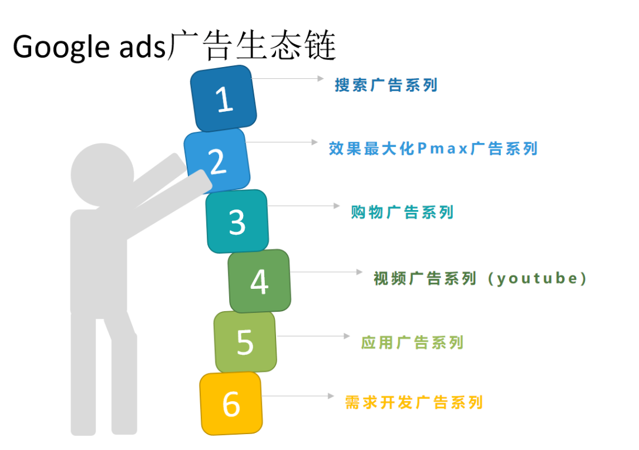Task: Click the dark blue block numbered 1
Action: (x=224, y=99)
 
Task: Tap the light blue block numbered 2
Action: (x=217, y=161)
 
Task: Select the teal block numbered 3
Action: (x=237, y=221)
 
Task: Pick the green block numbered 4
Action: (x=259, y=281)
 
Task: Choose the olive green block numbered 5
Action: (x=244, y=342)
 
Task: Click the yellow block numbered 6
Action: (x=231, y=404)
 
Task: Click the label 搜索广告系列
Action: (x=386, y=85)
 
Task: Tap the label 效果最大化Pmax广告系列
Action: (x=433, y=148)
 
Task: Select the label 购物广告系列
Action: (x=402, y=212)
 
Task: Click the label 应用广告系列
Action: (x=412, y=342)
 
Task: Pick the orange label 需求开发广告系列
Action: (x=414, y=402)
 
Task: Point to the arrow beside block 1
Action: (x=288, y=78)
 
